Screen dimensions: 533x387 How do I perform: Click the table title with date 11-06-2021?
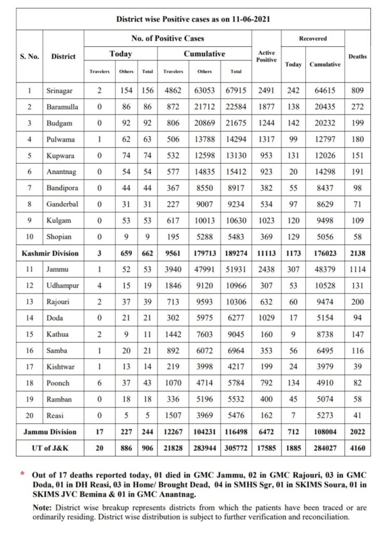pyautogui.click(x=193, y=19)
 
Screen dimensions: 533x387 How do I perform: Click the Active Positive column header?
pyautogui.click(x=266, y=56)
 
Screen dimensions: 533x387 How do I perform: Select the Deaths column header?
pyautogui.click(x=357, y=56)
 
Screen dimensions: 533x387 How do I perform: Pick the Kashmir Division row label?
pyautogui.click(x=50, y=253)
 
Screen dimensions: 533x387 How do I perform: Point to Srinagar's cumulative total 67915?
pyautogui.click(x=237, y=91)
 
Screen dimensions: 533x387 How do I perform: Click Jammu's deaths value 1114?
pyautogui.click(x=357, y=269)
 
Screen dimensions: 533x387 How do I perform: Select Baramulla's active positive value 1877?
pyautogui.click(x=266, y=107)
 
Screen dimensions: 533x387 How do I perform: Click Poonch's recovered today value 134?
pyautogui.click(x=293, y=383)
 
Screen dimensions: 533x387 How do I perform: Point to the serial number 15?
pyautogui.click(x=30, y=334)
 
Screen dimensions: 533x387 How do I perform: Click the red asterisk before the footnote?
pyautogui.click(x=22, y=474)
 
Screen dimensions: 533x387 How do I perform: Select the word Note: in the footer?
pyautogui.click(x=42, y=508)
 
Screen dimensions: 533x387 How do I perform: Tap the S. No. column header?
pyautogui.click(x=30, y=56)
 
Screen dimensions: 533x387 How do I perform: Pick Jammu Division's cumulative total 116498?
pyautogui.click(x=237, y=432)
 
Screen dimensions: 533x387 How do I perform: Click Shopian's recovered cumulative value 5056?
pyautogui.click(x=325, y=237)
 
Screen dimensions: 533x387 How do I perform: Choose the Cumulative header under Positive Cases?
pyautogui.click(x=204, y=54)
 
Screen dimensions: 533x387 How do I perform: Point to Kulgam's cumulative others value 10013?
pyautogui.click(x=204, y=220)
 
